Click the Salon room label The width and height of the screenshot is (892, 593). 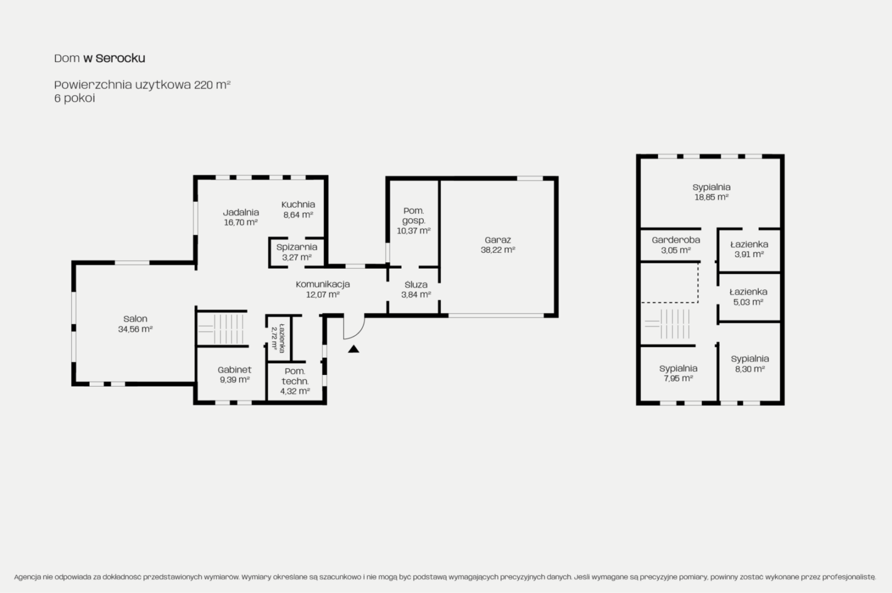[135, 319]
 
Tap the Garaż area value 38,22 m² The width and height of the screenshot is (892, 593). [497, 250]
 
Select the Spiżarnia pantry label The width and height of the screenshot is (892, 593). [297, 247]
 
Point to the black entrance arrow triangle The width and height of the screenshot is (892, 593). [353, 349]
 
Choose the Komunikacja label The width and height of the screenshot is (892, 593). [323, 284]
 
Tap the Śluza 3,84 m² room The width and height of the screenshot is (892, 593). [416, 289]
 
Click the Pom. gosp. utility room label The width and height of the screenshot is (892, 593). [413, 216]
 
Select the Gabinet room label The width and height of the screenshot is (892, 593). [234, 370]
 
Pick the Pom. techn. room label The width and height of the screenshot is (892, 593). [295, 376]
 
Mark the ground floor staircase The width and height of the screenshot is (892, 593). [222, 328]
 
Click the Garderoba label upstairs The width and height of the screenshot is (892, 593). [676, 240]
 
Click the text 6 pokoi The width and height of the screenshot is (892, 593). [74, 98]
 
